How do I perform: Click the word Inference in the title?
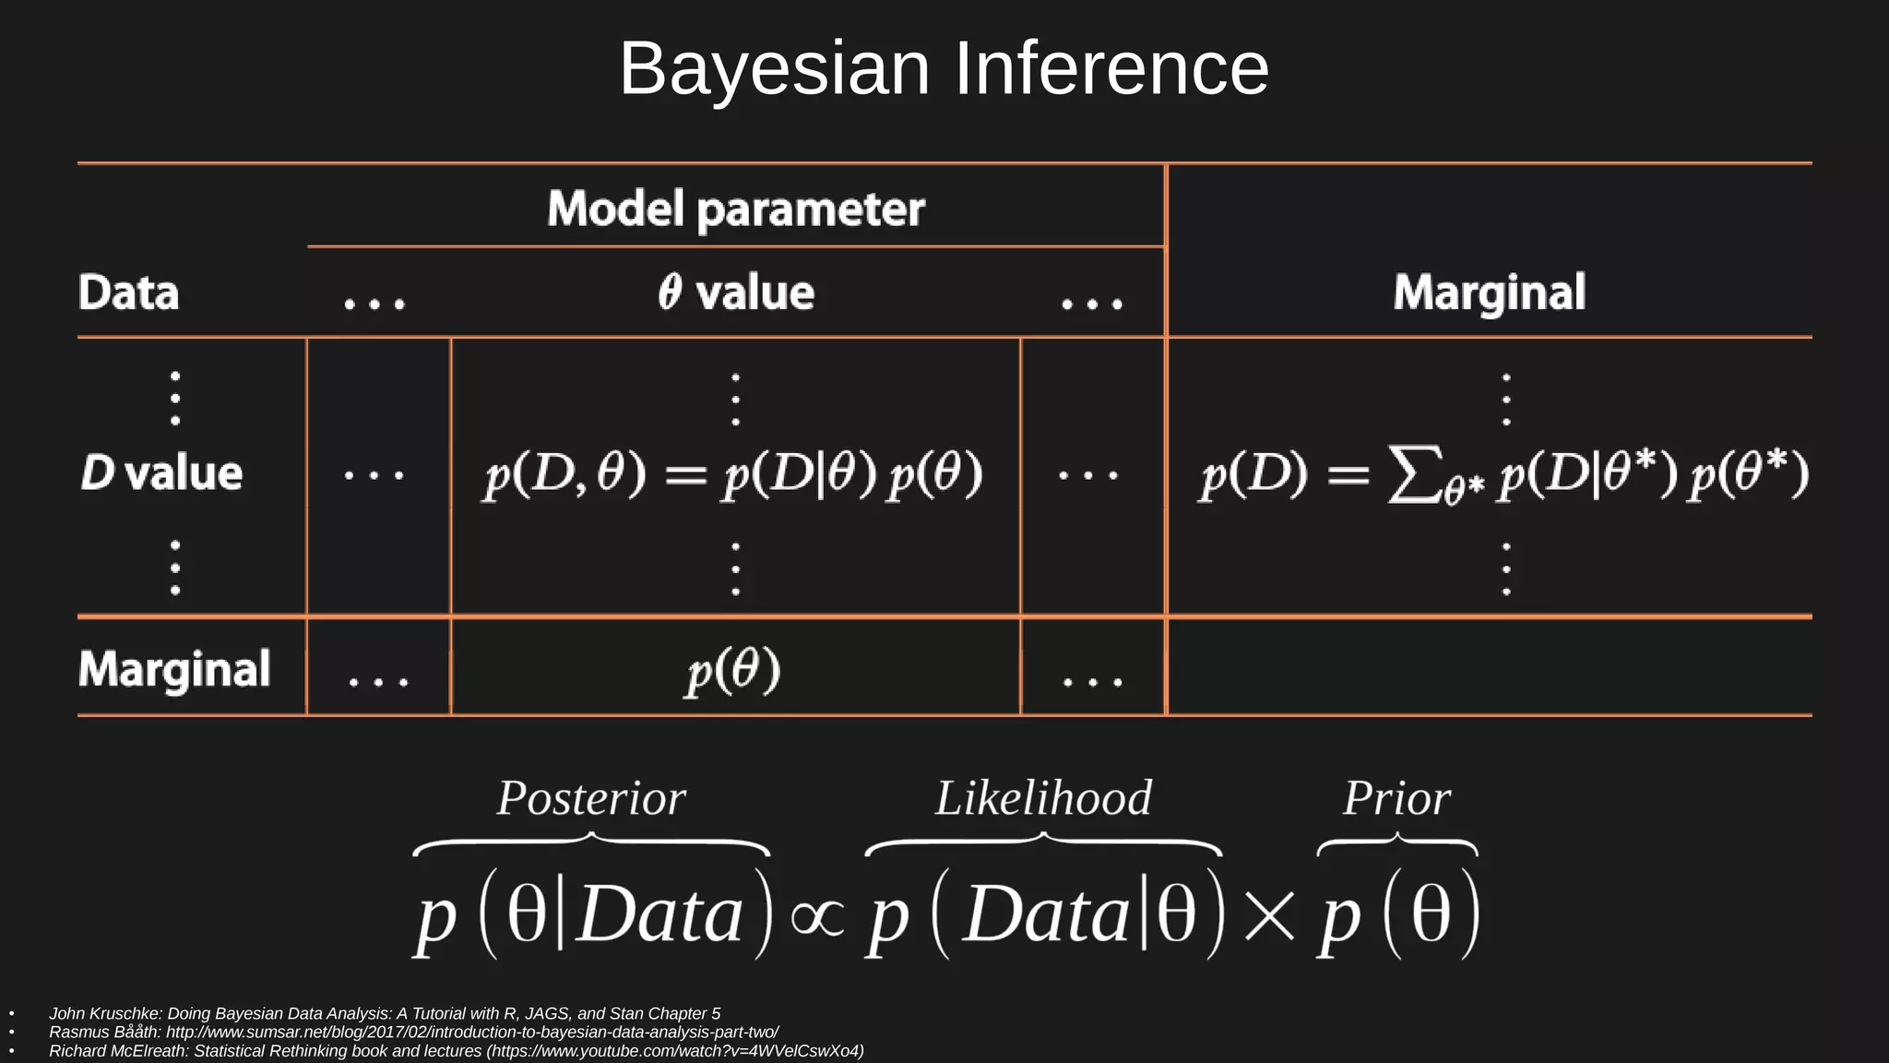[1111, 69]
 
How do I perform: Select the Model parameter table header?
[735, 209]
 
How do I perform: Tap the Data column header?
[128, 293]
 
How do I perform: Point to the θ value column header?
[736, 293]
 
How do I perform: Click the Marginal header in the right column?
[1489, 293]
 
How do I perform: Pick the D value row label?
[161, 472]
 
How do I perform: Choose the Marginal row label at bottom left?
[174, 668]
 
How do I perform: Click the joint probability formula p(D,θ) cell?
[733, 474]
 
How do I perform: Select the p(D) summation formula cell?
[1503, 474]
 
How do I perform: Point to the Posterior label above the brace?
[591, 798]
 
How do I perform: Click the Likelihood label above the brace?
[1043, 798]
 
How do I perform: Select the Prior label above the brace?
[1396, 798]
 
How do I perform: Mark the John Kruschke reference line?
[385, 1013]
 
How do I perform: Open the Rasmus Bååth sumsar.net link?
[472, 1032]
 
